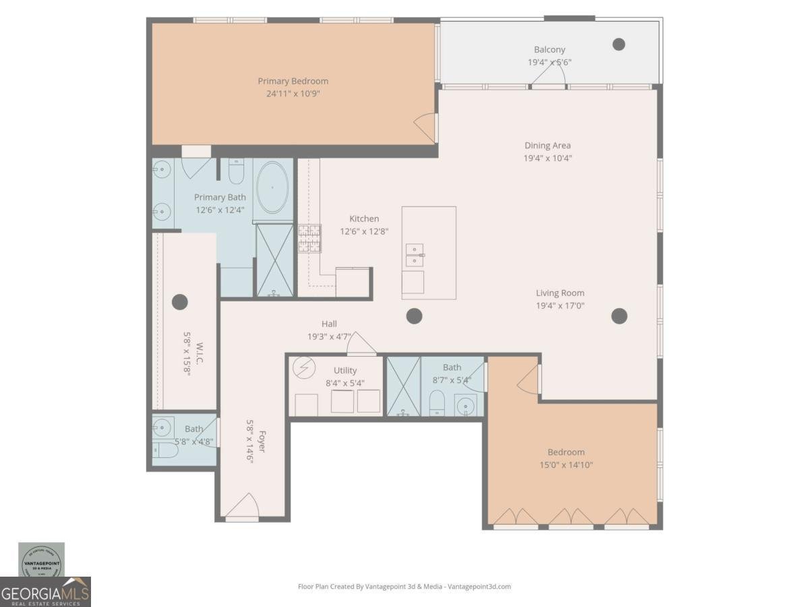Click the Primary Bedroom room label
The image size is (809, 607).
[x=293, y=81]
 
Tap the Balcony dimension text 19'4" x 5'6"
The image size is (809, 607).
[x=549, y=62]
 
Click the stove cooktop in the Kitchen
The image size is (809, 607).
[x=309, y=238]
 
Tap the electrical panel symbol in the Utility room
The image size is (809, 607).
[x=304, y=370]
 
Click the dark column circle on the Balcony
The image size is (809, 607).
[x=618, y=45]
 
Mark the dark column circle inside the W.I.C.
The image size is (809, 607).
[x=179, y=301]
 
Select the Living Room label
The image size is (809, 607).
[x=560, y=293]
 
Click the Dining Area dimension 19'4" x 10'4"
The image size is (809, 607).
[x=547, y=158]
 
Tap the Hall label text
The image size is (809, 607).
[x=329, y=324]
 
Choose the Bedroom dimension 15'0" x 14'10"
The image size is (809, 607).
[x=566, y=465]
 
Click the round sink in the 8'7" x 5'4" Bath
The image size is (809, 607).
[x=465, y=407]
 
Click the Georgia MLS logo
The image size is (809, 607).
[x=45, y=591]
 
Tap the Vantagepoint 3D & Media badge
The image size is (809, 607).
[x=41, y=560]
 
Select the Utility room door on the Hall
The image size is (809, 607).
[x=361, y=345]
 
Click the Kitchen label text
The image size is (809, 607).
[x=364, y=219]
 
